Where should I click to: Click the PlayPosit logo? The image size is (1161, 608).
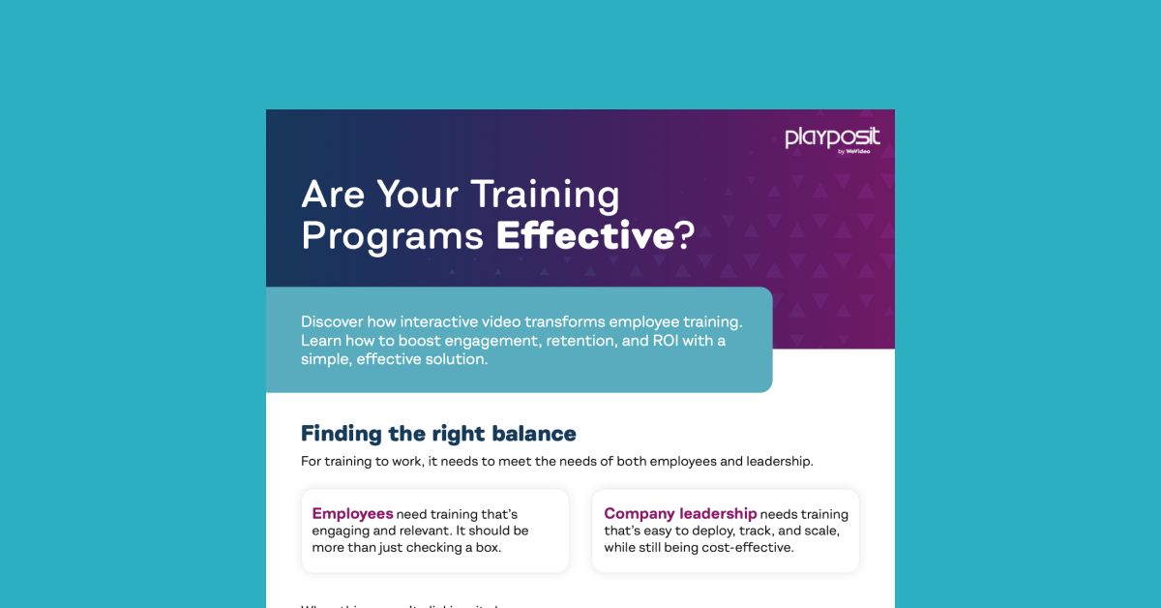click(x=832, y=138)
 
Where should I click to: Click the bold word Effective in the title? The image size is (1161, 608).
click(x=584, y=235)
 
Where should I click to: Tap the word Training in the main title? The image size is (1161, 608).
click(x=545, y=195)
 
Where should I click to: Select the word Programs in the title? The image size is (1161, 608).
click(x=392, y=236)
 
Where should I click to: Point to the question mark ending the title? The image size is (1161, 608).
click(x=685, y=235)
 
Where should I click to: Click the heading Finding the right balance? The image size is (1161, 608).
click(x=438, y=433)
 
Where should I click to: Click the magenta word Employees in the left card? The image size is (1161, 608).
click(x=352, y=514)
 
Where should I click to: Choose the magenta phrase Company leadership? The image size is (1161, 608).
click(x=680, y=514)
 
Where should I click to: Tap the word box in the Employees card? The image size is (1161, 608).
click(x=489, y=548)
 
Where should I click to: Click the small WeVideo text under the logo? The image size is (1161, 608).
click(x=857, y=152)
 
